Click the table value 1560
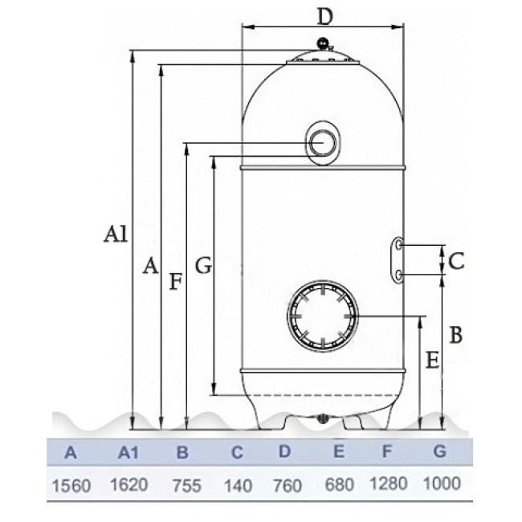(71, 486)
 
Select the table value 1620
(129, 485)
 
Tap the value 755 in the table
(187, 486)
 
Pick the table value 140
(238, 486)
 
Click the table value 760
(288, 486)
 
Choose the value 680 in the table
(339, 485)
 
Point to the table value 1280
(389, 483)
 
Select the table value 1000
(442, 483)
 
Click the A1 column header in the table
(128, 453)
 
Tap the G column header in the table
(439, 451)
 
